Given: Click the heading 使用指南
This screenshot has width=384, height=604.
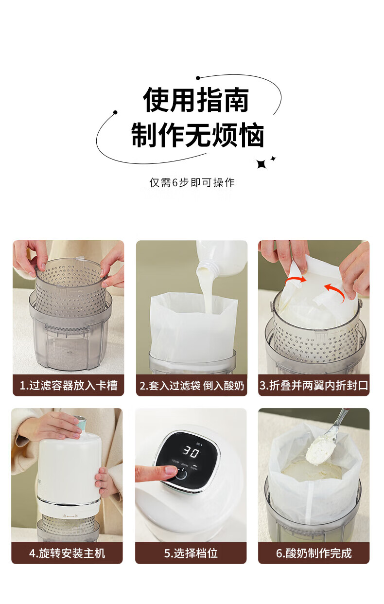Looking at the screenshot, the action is pos(196,100).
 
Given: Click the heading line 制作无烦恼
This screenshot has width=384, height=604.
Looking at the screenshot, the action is pos(197,135).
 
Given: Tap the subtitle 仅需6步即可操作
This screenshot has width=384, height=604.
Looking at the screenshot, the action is pos(192,182).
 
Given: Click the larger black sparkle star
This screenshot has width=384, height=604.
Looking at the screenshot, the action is pos(261,164).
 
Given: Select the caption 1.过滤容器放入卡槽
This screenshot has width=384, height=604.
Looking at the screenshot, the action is pos(69,385).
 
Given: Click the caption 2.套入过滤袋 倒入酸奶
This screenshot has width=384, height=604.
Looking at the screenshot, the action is pos(192,386).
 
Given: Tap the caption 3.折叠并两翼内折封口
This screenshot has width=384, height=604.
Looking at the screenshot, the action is pos(314,385).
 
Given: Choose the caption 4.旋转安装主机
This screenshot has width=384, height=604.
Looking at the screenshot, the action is pos(67,553).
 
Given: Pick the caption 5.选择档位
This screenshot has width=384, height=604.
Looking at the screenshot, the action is pos(191,553).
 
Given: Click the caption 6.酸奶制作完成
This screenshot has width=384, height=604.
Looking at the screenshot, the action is pos(314,553).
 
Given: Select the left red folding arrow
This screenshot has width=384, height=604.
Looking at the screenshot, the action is pos(296,281).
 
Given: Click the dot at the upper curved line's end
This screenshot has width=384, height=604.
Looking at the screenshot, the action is pos(198,78).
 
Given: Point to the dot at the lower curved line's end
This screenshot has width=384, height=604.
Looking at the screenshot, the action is pos(115,112).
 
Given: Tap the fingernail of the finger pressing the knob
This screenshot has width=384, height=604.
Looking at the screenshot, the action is pos(171,471).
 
